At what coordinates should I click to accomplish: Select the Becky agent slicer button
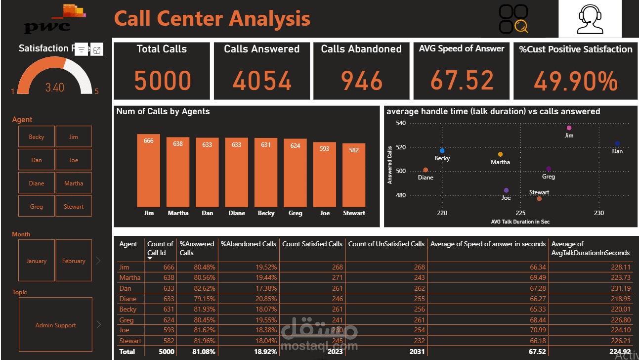point(37,136)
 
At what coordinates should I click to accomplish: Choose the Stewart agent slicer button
point(74,206)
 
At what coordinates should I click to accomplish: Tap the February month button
point(74,261)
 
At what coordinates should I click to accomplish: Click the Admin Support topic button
point(55,325)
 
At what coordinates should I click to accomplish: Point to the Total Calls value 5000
point(162,81)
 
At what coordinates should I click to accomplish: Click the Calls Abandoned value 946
point(361,81)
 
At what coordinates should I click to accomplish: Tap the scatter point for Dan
point(617,143)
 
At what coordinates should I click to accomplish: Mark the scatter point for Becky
point(442,150)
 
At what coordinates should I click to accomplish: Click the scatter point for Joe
point(506,190)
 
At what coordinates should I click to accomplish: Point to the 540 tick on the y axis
point(400,123)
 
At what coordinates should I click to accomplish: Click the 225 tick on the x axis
point(520,213)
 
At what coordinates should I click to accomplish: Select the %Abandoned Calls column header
point(249,244)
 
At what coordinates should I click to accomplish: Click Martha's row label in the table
point(130,277)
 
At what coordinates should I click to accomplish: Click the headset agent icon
point(590,19)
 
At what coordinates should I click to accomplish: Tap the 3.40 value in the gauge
point(54,88)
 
